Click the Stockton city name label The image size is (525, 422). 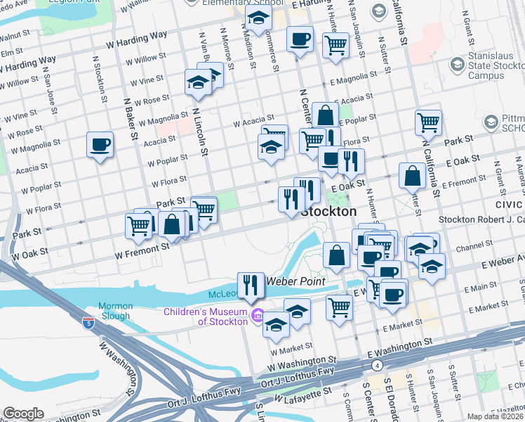(328, 211)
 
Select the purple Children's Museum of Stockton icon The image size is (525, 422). (258, 317)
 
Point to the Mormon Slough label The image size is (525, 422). (115, 311)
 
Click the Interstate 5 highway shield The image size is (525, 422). (88, 323)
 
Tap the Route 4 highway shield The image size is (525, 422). (377, 365)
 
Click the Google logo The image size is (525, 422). (23, 414)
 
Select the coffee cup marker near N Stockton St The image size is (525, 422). (100, 145)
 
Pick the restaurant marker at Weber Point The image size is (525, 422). (251, 285)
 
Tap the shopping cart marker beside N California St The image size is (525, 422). (428, 122)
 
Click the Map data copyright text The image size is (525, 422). (496, 416)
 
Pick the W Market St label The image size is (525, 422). (289, 349)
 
